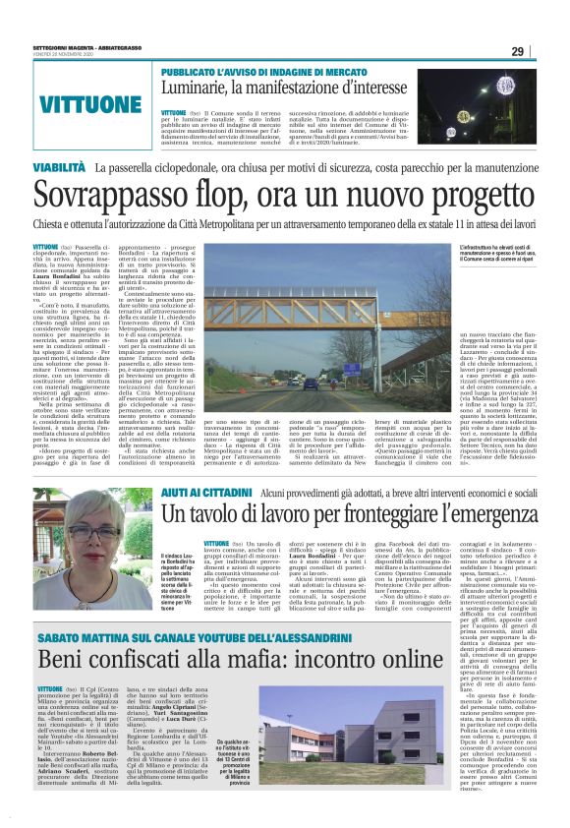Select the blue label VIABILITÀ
60,169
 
